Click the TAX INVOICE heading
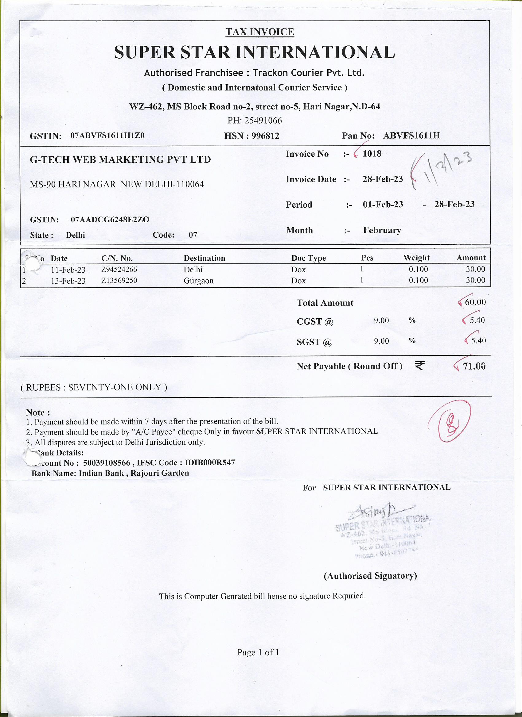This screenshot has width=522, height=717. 259,32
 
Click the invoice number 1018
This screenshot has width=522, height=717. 372,154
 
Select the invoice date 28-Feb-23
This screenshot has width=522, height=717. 382,179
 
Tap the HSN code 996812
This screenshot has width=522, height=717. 265,136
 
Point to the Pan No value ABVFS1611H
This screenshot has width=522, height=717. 411,136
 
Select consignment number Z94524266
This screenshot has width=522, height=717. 119,269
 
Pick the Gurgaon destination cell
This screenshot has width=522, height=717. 198,281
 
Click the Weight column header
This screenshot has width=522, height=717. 416,258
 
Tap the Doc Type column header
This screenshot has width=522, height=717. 308,258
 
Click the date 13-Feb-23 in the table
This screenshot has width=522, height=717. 68,281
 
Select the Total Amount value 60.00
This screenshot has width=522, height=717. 475,302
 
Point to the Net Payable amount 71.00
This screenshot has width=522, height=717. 474,366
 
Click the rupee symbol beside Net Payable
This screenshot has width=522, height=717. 419,366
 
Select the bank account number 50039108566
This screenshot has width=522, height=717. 107,463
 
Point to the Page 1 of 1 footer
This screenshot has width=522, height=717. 258,652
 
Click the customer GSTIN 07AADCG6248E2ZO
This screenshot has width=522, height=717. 110,219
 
